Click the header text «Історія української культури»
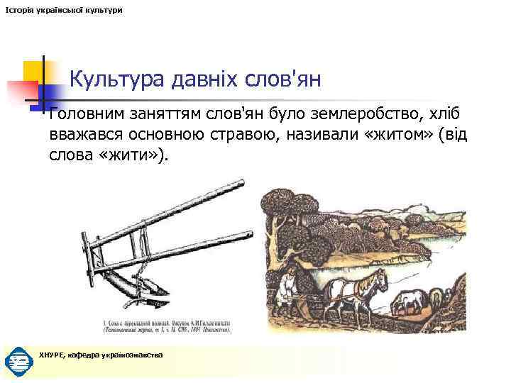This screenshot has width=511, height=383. tap(63, 10)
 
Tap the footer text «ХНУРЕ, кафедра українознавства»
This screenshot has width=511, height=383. tap(101, 355)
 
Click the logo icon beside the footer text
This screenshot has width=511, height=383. tap(18, 361)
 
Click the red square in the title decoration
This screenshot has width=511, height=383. tap(21, 90)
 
